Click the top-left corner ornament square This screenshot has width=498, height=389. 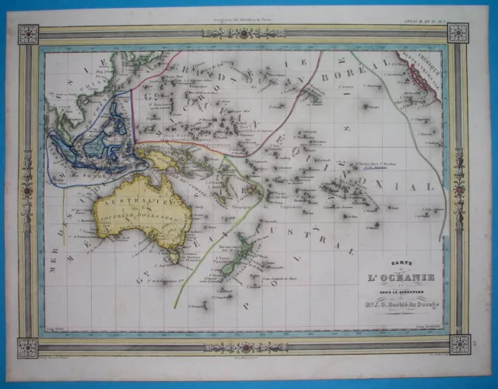[29, 33]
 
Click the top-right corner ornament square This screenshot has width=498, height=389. [459, 33]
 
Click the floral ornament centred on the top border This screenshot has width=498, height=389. [244, 33]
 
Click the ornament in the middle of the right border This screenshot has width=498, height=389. [459, 189]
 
